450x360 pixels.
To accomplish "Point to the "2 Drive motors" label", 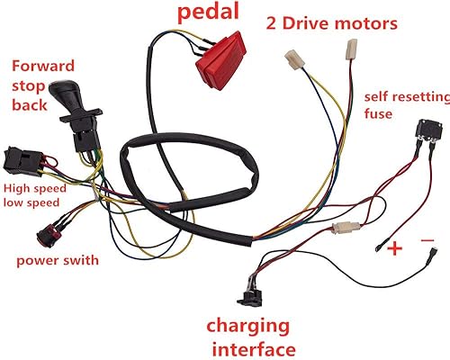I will (330, 22).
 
